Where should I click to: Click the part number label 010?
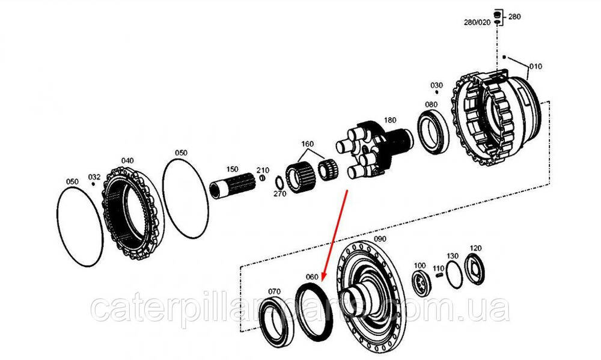click(535, 66)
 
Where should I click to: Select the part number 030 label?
click(436, 85)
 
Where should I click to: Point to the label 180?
click(391, 120)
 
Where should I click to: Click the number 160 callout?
click(307, 144)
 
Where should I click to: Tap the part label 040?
click(127, 160)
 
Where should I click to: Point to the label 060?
click(311, 278)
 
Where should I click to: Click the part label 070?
click(273, 292)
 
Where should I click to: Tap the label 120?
click(475, 248)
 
